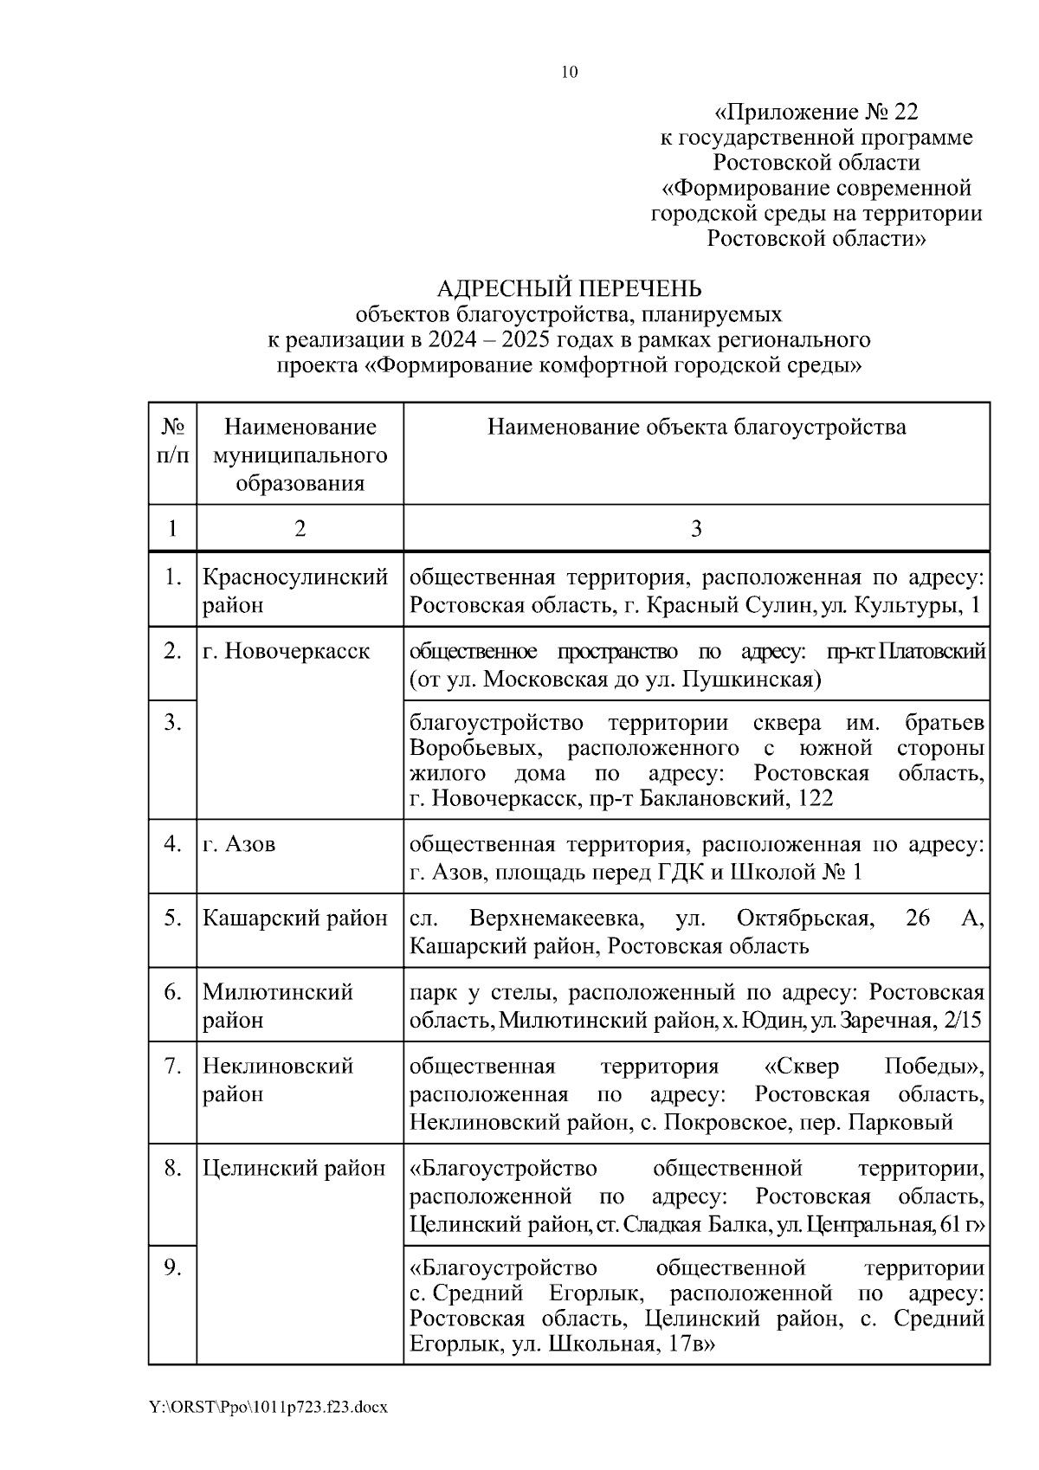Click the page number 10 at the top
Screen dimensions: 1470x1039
coord(570,72)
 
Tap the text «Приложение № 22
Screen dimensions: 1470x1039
coord(816,113)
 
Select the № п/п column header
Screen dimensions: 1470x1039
coord(172,441)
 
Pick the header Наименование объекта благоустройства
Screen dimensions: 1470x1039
coord(696,427)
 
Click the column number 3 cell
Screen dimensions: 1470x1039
coord(696,529)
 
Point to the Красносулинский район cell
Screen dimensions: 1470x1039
coord(294,590)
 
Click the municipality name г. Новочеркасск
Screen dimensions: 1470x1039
coord(286,651)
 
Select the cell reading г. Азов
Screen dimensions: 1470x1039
coord(240,844)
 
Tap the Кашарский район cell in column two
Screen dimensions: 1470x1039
coord(294,919)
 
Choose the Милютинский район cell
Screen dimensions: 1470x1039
coord(278,1005)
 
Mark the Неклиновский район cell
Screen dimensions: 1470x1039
coord(278,1080)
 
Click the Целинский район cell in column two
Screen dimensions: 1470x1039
coord(294,1169)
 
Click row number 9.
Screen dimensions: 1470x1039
coord(172,1268)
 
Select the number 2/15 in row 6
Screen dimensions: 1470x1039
coord(965,1021)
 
